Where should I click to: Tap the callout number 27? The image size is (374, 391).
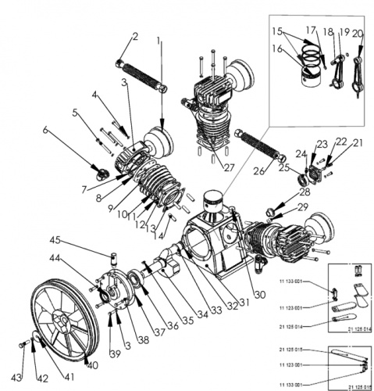click(229, 167)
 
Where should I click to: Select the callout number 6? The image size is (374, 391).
click(46, 130)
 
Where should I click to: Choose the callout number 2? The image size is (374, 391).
click(134, 36)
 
